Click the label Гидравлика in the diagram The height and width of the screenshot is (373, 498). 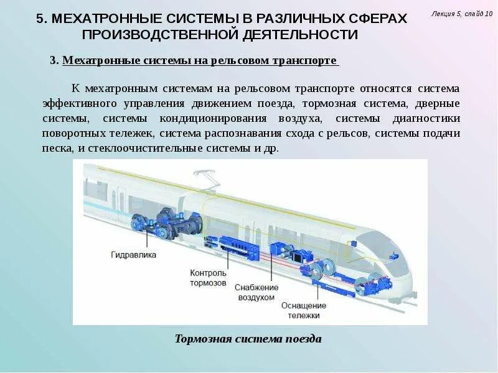[x=134, y=255]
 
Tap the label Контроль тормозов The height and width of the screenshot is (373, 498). [x=209, y=277]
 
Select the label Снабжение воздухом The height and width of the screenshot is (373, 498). [x=255, y=293]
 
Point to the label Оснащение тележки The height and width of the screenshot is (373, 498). [x=304, y=310]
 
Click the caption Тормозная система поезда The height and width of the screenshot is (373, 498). [x=248, y=339]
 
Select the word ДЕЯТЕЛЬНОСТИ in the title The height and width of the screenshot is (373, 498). [x=296, y=35]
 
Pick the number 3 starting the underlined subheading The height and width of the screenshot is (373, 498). [x=53, y=60]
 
